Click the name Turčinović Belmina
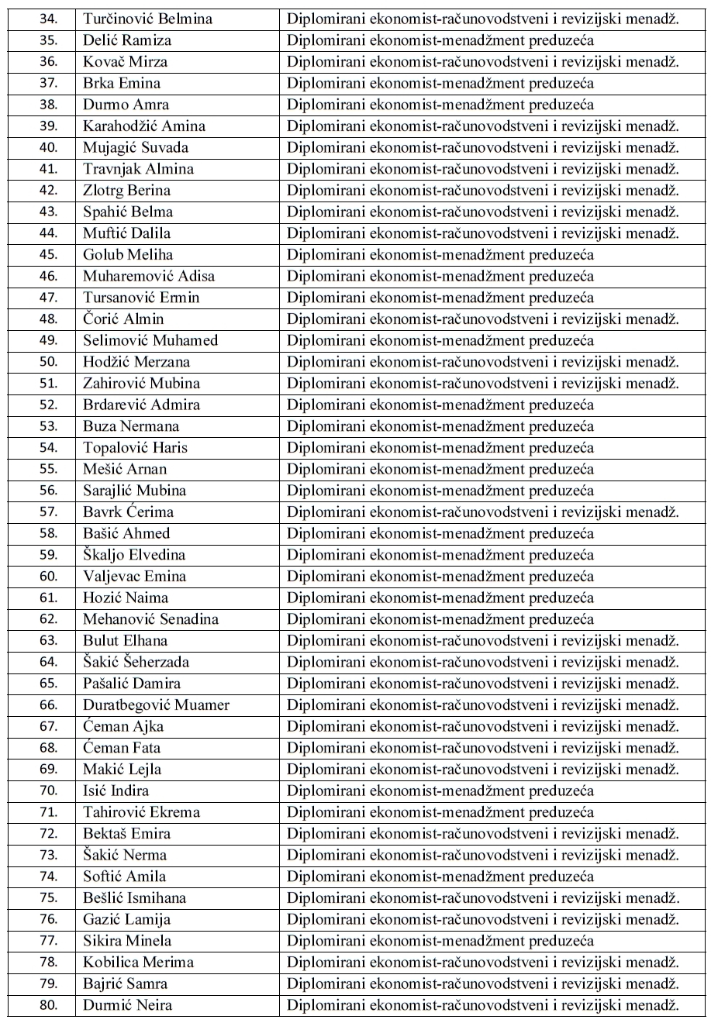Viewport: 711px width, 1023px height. pos(140,19)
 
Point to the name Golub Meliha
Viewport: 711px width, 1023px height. pos(128,255)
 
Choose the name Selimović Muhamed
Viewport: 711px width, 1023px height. pos(150,341)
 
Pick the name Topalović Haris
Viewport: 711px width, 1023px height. pos(135,448)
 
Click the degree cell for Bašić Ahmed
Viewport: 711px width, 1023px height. pos(440,534)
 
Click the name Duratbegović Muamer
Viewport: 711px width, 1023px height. pos(156,705)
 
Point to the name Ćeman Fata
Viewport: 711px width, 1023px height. pos(122,748)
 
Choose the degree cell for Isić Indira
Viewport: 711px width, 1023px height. pos(440,791)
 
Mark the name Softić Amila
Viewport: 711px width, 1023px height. pos(125,877)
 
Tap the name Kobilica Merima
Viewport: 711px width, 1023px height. pos(138,963)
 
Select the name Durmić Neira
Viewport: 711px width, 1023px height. pos(128,1005)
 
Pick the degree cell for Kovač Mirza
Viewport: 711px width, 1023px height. pos(482,62)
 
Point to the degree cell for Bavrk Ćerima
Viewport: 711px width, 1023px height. pos(482,512)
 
